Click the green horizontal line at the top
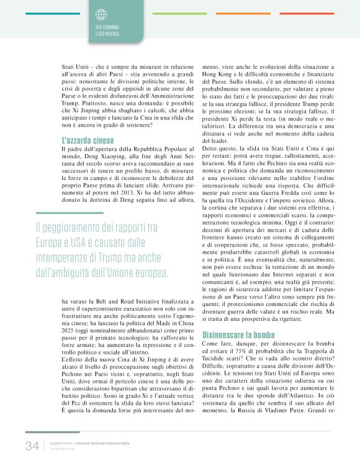(x=179, y=13)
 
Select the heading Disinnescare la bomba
(x=238, y=335)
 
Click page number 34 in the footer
(x=32, y=446)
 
